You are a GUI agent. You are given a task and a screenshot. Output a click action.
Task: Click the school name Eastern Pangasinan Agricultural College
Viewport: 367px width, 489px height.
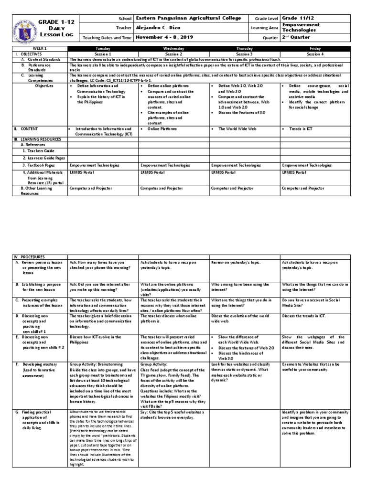click(184, 17)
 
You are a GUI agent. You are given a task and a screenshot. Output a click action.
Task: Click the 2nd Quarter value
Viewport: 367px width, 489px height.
click(296, 37)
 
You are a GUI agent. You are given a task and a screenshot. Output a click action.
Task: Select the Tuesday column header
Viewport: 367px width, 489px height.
click(103, 48)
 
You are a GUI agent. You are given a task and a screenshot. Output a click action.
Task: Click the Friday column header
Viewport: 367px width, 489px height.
click(314, 48)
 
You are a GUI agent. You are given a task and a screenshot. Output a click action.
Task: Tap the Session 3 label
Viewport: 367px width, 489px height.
click(244, 54)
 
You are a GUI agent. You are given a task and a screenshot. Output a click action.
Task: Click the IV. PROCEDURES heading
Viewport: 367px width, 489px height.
click(27, 257)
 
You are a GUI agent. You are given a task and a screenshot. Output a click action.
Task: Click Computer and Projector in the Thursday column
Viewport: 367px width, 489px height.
click(231, 189)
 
